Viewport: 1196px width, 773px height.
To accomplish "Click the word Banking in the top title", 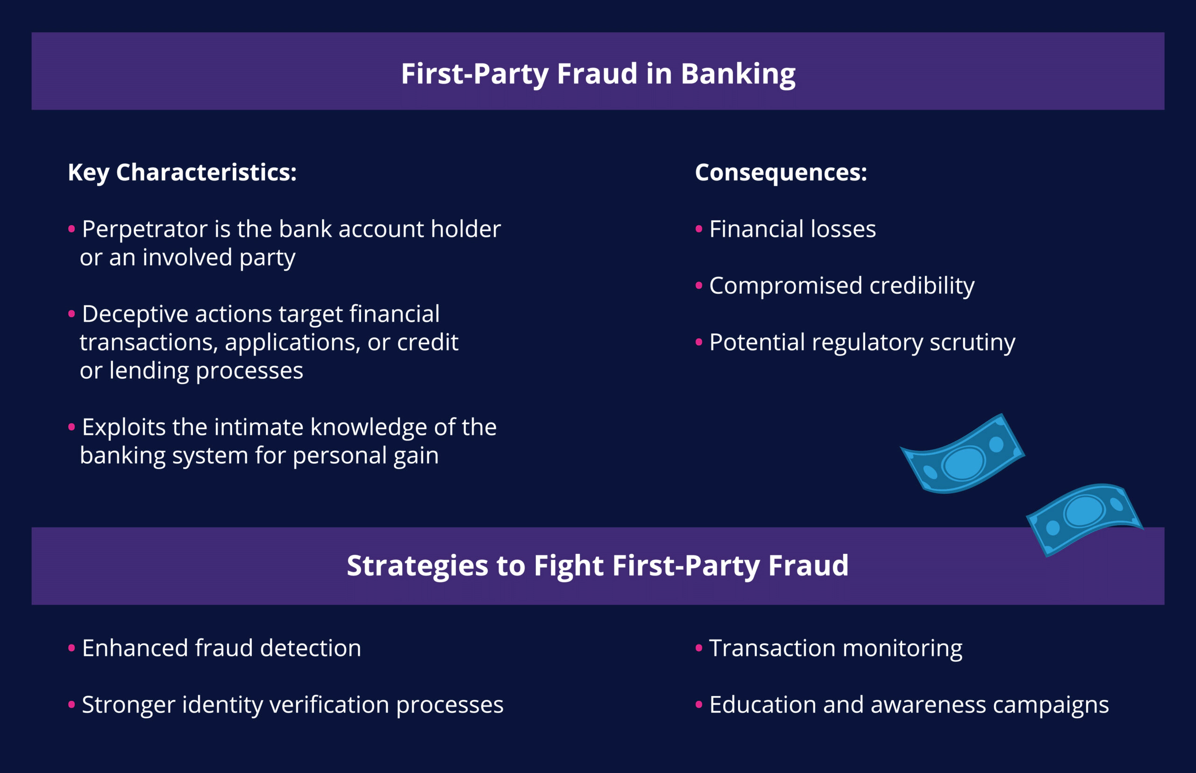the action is click(738, 74).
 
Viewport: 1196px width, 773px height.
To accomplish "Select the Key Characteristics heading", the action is click(182, 173).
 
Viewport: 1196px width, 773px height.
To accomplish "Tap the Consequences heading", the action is click(781, 173).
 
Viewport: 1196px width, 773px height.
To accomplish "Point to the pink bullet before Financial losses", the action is click(699, 229).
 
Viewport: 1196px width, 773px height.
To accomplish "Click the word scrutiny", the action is click(973, 343).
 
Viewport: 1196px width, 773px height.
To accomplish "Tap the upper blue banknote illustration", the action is click(962, 454).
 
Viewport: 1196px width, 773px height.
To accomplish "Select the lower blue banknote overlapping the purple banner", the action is click(1084, 519).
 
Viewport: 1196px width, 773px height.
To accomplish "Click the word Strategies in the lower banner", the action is click(417, 566).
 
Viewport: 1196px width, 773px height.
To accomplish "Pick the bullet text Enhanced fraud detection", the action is click(221, 648).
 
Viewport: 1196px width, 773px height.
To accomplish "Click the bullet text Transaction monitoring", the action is click(835, 648).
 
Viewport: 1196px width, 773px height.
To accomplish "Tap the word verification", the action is click(329, 705).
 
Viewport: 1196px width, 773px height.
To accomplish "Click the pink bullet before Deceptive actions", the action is click(71, 314).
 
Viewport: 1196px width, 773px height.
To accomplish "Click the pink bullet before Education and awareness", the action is click(699, 705).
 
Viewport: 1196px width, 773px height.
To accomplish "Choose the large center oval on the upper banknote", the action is click(963, 463).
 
